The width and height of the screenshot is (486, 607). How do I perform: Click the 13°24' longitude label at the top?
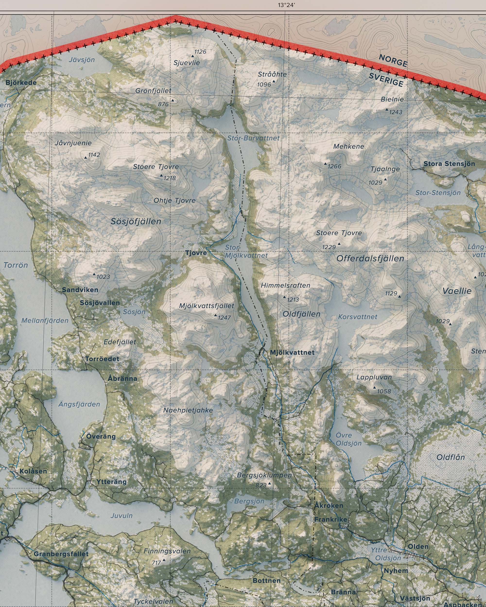pos(286,5)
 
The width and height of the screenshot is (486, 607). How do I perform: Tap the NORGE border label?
pos(393,60)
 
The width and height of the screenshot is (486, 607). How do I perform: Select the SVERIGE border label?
pos(386,80)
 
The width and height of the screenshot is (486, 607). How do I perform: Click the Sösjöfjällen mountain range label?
pos(136,221)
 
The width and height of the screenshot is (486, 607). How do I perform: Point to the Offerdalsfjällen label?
pos(370,258)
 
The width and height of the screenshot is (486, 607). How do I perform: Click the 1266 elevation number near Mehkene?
pos(334,166)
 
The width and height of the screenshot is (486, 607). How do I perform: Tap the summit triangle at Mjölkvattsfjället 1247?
pos(216,315)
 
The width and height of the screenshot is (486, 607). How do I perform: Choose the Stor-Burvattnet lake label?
pos(253,138)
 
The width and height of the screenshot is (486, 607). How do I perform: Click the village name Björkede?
pos(21,83)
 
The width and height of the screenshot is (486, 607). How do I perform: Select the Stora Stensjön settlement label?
pos(449,164)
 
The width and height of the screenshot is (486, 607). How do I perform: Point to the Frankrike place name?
pos(331,519)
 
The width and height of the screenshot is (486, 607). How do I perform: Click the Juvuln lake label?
pos(121,515)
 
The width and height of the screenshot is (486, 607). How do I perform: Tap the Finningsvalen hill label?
pos(167,551)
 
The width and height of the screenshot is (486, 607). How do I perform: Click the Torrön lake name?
pos(16,265)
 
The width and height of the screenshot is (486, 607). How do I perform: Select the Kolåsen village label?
pos(33,471)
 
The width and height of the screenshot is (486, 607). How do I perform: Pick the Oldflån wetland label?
pos(451,457)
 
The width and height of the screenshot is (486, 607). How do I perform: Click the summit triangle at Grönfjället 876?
pos(173,100)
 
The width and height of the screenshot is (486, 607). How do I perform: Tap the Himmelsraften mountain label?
pos(285,285)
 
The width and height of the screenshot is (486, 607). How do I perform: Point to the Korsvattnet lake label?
pos(357,317)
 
